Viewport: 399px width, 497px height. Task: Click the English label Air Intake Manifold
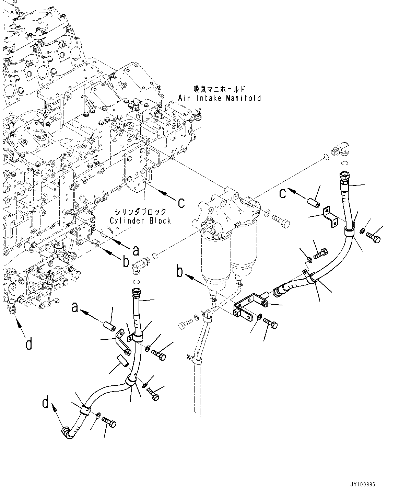tap(220, 98)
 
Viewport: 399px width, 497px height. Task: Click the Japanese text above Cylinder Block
tap(141, 212)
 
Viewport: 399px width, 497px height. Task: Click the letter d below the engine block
tap(29, 343)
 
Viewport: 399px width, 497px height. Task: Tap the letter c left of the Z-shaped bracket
tap(282, 194)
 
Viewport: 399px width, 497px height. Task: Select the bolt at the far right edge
tap(374, 237)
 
